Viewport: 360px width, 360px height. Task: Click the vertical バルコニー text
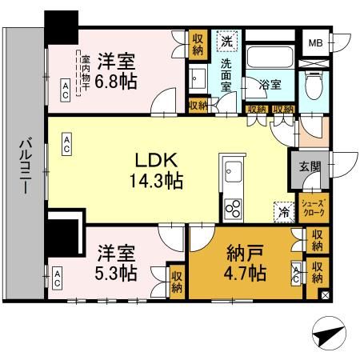[24, 169]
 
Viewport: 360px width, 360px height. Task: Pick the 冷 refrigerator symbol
[282, 211]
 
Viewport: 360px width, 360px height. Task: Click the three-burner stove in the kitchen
[234, 207]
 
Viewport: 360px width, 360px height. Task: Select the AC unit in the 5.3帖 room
[57, 278]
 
